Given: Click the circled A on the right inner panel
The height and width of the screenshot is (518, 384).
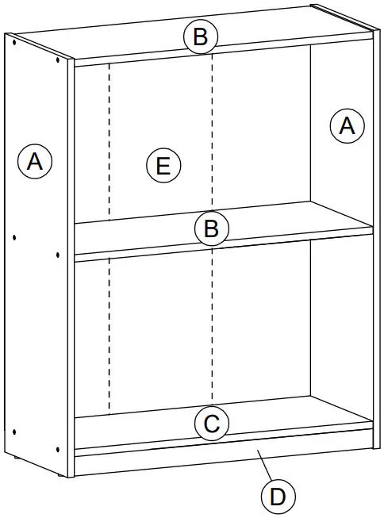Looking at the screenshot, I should [x=347, y=126].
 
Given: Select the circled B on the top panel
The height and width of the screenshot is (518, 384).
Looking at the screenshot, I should [x=201, y=36].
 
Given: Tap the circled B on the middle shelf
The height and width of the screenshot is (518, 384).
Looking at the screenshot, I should [x=211, y=229].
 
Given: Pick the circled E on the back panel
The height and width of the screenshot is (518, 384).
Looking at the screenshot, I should [x=163, y=166].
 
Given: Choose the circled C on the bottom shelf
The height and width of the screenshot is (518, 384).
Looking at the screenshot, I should [x=212, y=424].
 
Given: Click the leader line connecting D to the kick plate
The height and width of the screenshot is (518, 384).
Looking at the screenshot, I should [x=263, y=468].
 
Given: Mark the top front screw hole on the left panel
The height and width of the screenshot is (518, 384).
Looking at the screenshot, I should [x=59, y=60].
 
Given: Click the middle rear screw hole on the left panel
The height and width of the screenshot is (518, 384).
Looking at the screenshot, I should [x=15, y=236].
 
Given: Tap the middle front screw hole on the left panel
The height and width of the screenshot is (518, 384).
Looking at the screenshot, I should [x=59, y=255].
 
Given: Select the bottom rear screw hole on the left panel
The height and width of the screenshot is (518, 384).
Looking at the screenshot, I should [x=15, y=431].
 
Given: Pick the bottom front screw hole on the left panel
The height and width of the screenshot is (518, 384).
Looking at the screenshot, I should [x=59, y=449].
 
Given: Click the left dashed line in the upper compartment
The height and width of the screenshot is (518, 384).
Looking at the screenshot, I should [x=108, y=143].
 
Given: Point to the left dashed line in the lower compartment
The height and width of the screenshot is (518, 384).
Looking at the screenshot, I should [x=108, y=333].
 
